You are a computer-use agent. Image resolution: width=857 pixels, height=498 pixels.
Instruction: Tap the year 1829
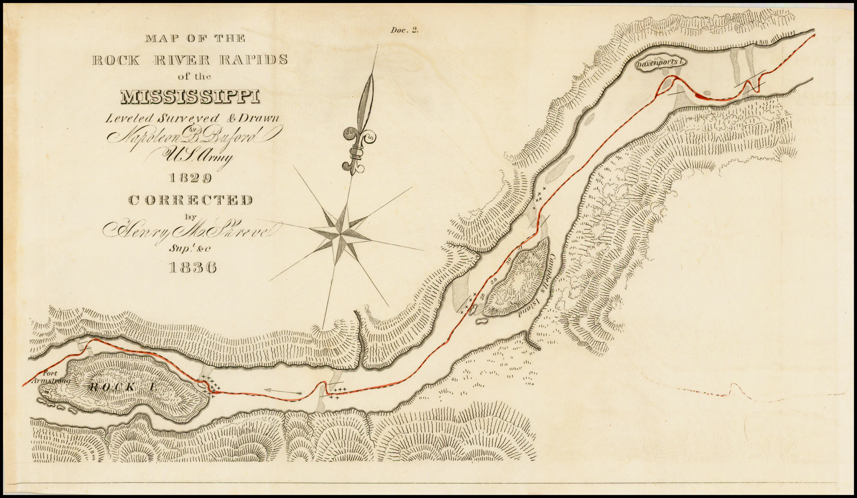190,178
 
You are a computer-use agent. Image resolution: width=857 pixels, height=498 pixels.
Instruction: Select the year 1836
192,268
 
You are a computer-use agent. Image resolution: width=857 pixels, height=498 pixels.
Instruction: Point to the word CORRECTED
191,200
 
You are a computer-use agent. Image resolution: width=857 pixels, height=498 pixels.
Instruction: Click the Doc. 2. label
404,30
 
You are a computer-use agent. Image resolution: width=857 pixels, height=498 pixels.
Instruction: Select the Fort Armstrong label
53,378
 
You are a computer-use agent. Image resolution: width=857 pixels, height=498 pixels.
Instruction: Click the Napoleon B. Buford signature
190,135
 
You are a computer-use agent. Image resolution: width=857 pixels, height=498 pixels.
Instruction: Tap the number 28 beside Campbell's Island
482,296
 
